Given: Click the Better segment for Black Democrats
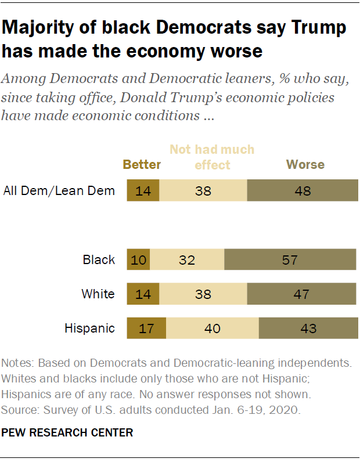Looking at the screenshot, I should [138, 260].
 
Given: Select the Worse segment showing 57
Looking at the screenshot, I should [290, 260].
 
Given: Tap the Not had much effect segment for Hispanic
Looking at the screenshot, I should [213, 329].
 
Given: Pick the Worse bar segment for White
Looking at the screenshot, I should [301, 294].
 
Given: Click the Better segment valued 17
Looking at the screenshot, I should [146, 329].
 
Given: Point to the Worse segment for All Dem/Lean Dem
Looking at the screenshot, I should [303, 190].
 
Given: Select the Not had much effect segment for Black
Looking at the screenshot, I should [187, 260].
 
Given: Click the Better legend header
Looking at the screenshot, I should [142, 165].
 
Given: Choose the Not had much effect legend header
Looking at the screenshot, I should [212, 157].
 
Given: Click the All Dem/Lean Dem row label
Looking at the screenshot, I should [59, 190].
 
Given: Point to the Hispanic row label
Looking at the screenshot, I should [89, 329].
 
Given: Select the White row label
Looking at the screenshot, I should [98, 294].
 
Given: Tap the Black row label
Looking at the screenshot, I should [99, 260].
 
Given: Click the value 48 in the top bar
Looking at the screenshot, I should [303, 190].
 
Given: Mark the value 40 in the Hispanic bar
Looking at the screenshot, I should [213, 329].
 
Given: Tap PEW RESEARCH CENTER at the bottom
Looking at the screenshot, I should [67, 432].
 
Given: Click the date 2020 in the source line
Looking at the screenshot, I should [286, 410].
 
